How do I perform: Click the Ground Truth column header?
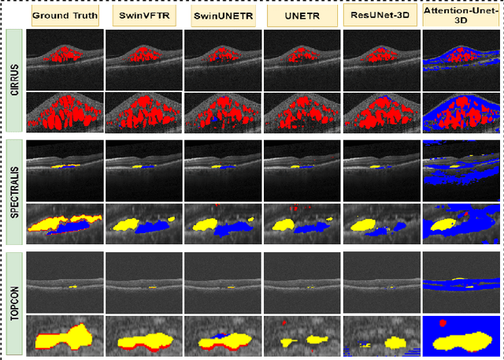coord(64,14)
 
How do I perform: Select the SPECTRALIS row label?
coord(13,190)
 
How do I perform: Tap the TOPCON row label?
coord(13,301)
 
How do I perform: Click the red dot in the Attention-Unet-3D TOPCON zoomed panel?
coord(443,323)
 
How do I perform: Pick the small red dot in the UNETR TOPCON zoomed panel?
coord(283,322)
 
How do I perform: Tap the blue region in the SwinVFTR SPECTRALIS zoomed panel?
coord(157,226)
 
